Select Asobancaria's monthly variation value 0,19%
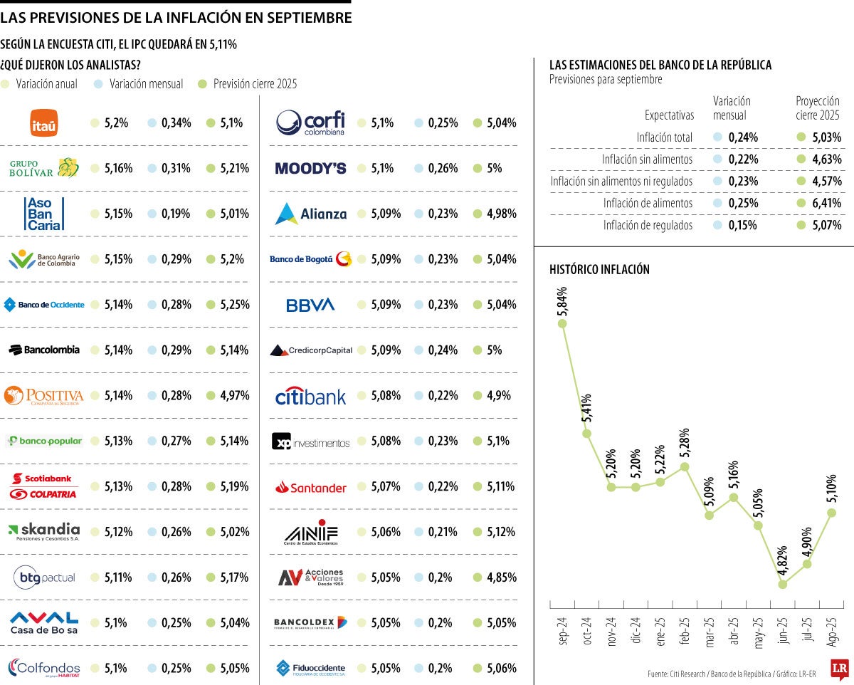click(176, 214)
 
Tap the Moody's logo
click(310, 169)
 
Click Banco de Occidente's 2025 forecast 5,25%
click(234, 305)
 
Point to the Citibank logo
click(310, 396)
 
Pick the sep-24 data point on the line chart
click(562, 323)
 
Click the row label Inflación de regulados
click(648, 226)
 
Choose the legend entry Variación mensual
click(146, 84)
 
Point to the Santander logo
click(310, 487)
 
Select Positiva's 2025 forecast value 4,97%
click(234, 396)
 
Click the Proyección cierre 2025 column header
click(817, 108)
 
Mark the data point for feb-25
click(685, 467)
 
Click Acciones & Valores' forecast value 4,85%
click(501, 577)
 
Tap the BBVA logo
click(310, 305)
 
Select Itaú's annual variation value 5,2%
click(115, 123)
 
